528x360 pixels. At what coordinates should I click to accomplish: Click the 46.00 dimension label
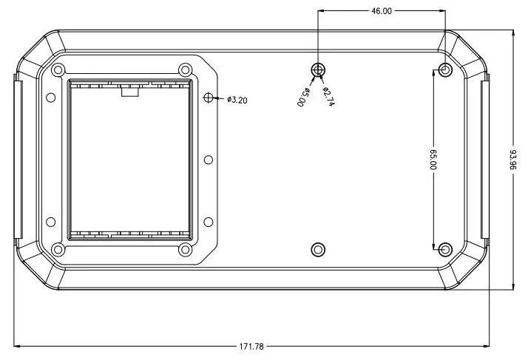point(382,11)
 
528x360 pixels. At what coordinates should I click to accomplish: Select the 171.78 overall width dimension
point(251,346)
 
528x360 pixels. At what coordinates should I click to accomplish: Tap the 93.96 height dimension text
point(513,160)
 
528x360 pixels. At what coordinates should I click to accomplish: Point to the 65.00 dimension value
point(433,160)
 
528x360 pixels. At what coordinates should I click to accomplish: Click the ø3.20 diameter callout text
point(237,100)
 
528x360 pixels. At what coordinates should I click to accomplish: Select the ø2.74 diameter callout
point(328,97)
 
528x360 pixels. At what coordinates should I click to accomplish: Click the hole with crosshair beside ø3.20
point(209,98)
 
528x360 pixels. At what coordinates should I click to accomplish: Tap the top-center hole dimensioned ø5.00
point(318,70)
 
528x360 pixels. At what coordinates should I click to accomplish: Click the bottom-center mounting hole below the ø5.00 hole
point(318,250)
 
